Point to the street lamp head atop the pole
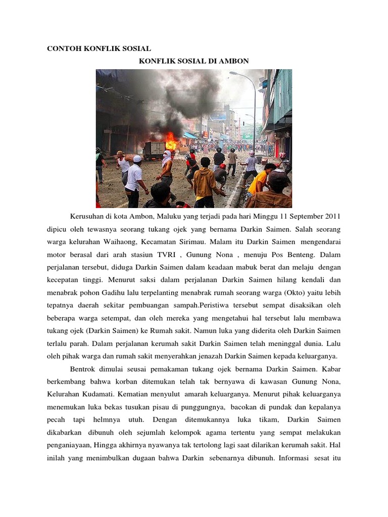(x=234, y=74)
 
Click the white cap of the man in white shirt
(x=137, y=159)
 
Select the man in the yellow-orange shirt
(x=260, y=180)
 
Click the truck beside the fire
(x=155, y=149)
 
